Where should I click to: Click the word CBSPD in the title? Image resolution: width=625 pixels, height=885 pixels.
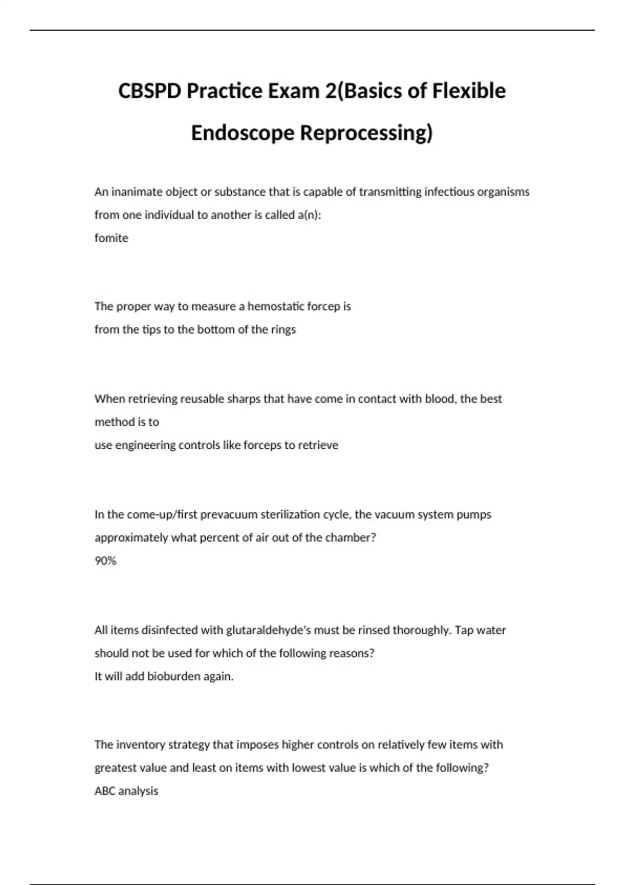150,91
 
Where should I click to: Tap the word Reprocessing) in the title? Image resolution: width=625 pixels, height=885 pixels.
366,133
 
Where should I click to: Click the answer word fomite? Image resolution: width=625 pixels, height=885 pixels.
111,238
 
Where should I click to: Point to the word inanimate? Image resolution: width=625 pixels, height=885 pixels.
136,192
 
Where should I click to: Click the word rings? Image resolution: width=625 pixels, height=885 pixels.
283,330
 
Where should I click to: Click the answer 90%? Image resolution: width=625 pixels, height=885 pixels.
105,561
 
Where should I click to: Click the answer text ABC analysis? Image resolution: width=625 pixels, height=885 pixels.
126,791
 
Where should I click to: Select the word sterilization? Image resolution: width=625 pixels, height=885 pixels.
305,515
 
